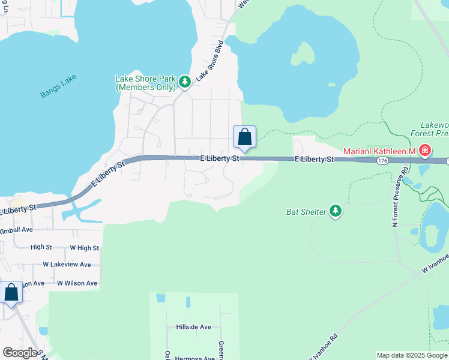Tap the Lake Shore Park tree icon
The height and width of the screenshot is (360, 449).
coord(185,82)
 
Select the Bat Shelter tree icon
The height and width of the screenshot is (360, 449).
coord(336,211)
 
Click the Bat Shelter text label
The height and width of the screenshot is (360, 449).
coord(306,212)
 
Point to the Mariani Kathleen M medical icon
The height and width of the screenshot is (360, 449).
coord(425,150)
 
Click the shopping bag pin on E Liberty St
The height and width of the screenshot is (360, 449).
coord(244,137)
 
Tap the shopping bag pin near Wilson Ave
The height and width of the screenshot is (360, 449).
coord(11,293)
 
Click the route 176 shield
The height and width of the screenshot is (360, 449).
coord(382,161)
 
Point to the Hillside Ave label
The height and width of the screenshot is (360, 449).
coord(193,327)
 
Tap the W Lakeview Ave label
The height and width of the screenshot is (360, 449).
coord(67,265)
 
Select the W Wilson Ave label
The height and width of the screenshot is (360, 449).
coord(76,283)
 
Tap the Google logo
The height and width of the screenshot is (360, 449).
coord(20,353)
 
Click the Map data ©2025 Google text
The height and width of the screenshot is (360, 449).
coord(411,355)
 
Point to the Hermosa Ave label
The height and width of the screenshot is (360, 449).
coord(194,358)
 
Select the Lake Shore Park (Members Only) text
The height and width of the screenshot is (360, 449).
coord(145,83)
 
